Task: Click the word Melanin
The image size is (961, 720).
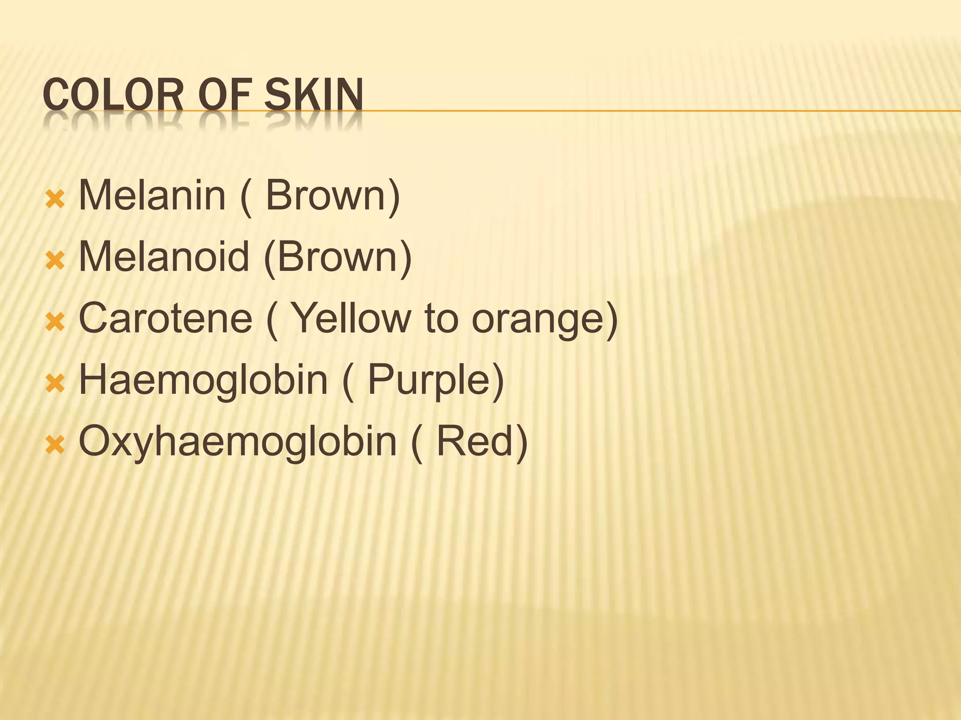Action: point(152,195)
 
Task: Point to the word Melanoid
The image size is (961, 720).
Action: point(164,257)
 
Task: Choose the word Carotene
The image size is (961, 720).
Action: point(166,318)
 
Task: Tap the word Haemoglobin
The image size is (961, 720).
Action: point(203,380)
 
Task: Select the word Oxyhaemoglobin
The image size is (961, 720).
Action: point(238,442)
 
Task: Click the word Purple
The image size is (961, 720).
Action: point(429,380)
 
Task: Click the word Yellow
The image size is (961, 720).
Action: point(351,318)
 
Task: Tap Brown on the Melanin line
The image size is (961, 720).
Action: point(326,195)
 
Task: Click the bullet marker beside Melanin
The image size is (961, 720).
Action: point(55,199)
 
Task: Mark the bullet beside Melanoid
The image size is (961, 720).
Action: point(55,261)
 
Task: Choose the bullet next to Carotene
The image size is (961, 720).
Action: point(55,322)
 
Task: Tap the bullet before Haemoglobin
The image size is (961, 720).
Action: point(55,383)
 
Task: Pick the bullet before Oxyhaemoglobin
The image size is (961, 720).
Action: point(55,445)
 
